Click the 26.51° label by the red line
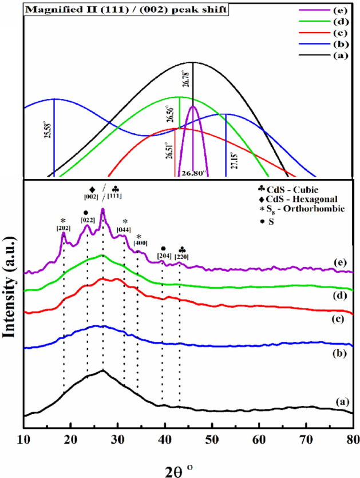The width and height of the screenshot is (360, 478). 170,153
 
